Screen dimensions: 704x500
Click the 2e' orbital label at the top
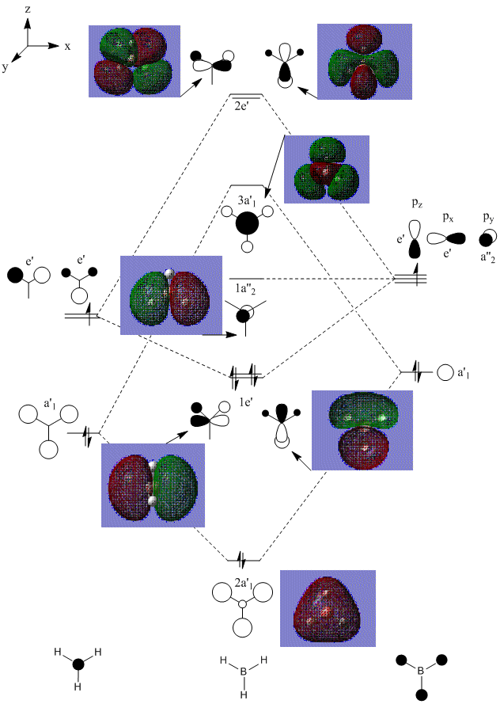click(244, 104)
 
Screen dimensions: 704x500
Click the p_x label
click(447, 216)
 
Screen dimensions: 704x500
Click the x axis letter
click(68, 46)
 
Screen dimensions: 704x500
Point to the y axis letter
click(6, 67)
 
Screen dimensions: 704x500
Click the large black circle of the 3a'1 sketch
click(248, 223)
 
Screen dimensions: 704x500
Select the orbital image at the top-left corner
click(134, 61)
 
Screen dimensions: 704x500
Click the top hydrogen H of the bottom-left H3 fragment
click(57, 651)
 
